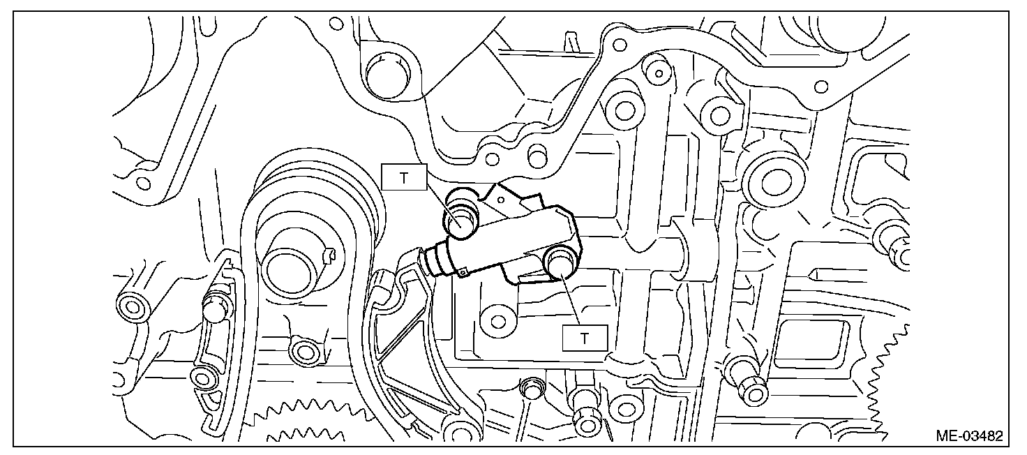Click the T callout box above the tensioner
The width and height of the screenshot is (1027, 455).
point(404,177)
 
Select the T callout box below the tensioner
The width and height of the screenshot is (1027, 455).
point(585,338)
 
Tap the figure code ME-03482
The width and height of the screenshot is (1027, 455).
point(969,435)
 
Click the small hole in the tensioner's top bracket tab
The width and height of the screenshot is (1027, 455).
point(501,200)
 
